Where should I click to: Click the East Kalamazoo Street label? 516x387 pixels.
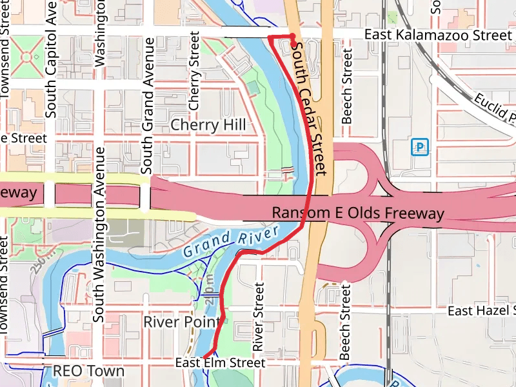pos(437,35)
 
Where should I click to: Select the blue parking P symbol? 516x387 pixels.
pos(420,148)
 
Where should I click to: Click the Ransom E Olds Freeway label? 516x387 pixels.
pos(358,213)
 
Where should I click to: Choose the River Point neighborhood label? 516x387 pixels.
pos(181,321)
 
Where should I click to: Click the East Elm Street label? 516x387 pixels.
pos(220,363)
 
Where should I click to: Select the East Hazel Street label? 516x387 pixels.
pos(481,312)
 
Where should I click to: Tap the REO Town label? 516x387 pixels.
pos(88,371)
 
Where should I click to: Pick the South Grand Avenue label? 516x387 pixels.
pos(147,105)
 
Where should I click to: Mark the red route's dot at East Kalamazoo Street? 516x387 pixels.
pos(292,36)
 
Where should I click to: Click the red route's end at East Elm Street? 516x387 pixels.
pos(205,356)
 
